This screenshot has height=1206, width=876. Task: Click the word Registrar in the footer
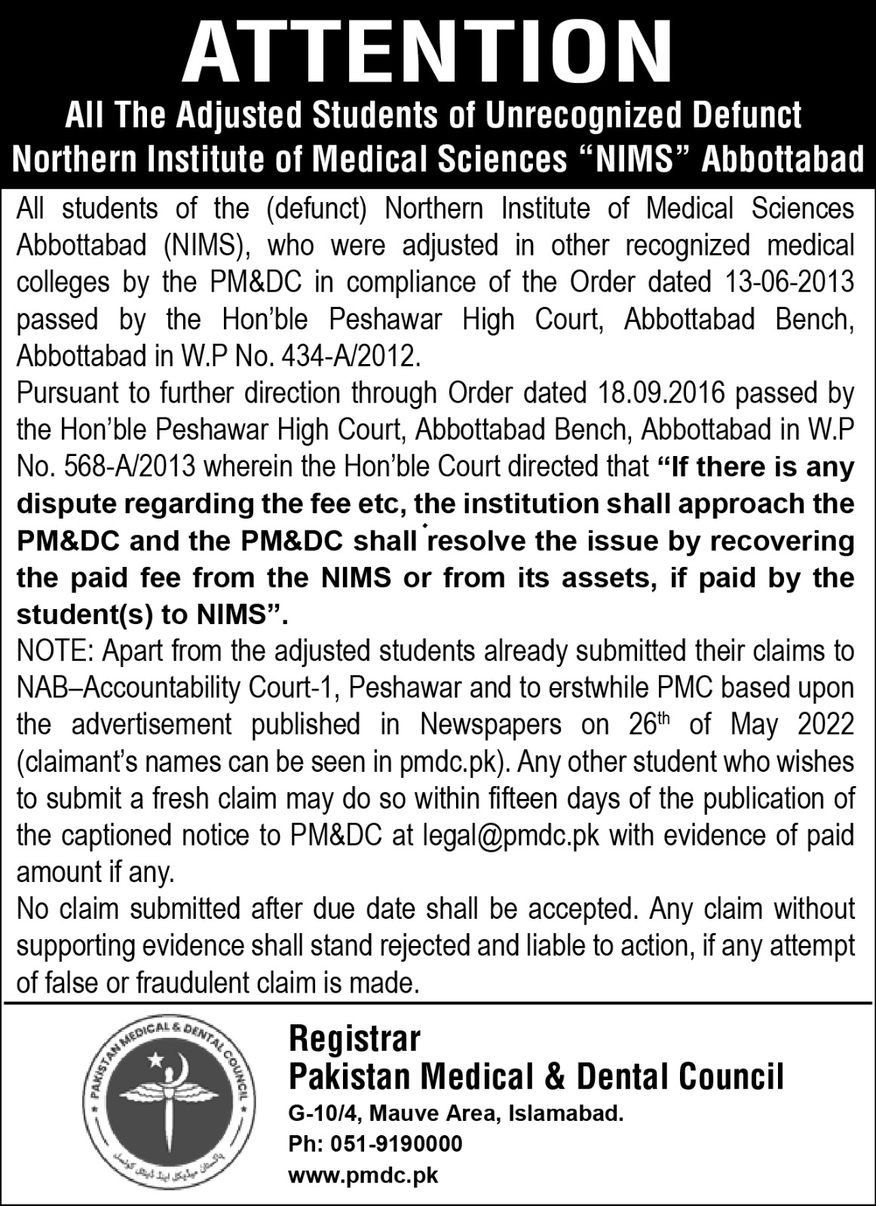click(x=355, y=1040)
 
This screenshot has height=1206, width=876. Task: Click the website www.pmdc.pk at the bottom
click(x=363, y=1174)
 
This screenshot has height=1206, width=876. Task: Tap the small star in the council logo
click(x=155, y=1061)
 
